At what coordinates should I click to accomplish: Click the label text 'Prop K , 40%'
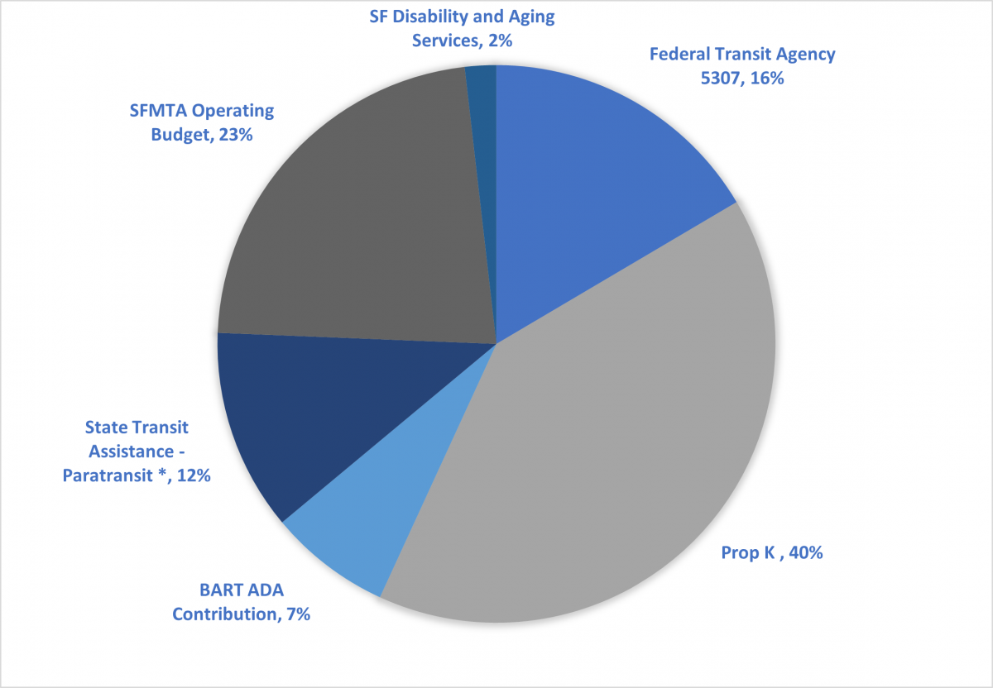coord(771,552)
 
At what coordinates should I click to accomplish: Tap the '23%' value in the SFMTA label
coord(236,134)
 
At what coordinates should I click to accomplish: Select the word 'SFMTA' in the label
coord(160,111)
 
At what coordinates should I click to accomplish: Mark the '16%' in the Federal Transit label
coord(766,79)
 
